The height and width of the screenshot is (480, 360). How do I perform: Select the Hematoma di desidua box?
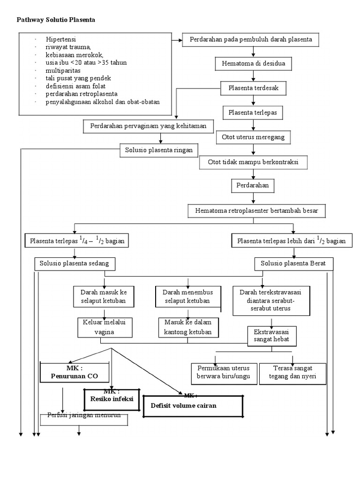(x=253, y=63)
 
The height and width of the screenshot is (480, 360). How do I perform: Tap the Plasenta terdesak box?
(x=253, y=88)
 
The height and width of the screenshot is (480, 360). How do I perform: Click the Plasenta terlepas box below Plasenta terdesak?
(x=253, y=112)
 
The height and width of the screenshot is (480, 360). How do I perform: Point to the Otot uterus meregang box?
(x=253, y=137)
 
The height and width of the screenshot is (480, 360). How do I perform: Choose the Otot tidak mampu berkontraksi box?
(x=253, y=162)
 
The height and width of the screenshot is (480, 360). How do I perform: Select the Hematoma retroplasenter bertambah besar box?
(x=256, y=211)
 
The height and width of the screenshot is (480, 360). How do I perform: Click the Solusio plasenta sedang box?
(x=75, y=263)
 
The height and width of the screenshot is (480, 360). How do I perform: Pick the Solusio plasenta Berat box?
(x=293, y=264)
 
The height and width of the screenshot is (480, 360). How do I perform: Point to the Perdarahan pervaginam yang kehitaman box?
(x=148, y=126)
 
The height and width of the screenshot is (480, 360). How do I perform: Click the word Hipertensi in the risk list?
(x=61, y=40)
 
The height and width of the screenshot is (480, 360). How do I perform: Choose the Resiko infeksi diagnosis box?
(x=112, y=399)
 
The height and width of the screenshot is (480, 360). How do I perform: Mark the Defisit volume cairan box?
(x=193, y=405)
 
